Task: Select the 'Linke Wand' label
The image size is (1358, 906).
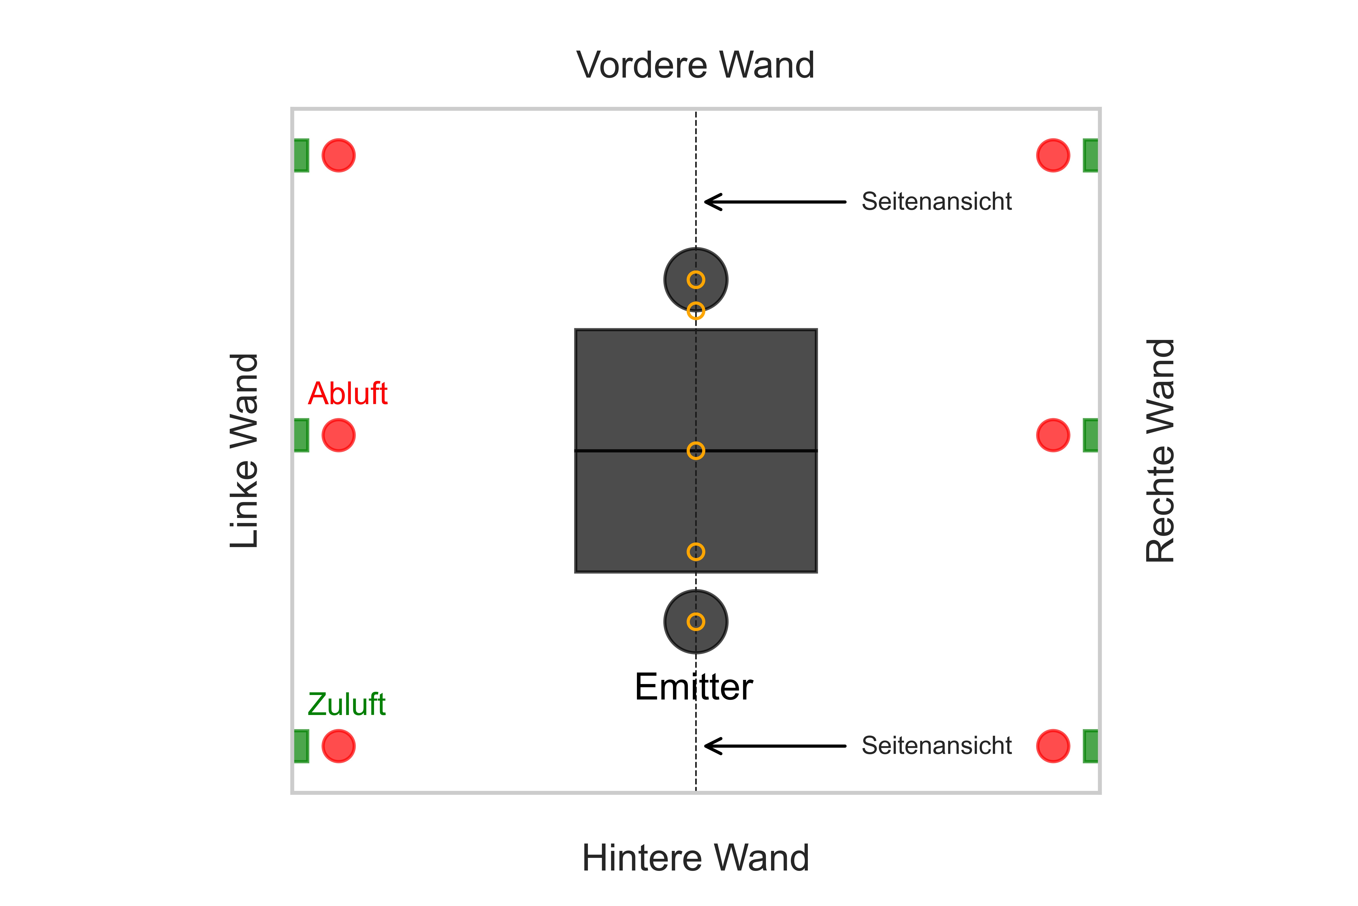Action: (244, 451)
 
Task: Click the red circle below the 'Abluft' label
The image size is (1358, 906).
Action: (338, 435)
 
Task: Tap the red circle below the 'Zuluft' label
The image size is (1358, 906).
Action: (338, 746)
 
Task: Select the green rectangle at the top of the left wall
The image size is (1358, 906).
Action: (301, 155)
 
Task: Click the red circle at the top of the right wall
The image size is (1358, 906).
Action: (1053, 155)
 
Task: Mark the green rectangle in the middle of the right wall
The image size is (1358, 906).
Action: (1090, 435)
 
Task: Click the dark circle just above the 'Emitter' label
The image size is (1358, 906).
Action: (696, 622)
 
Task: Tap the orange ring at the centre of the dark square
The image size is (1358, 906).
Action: (696, 451)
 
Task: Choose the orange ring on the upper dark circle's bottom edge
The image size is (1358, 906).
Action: (696, 311)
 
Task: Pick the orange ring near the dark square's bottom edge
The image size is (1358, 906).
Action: (696, 552)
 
